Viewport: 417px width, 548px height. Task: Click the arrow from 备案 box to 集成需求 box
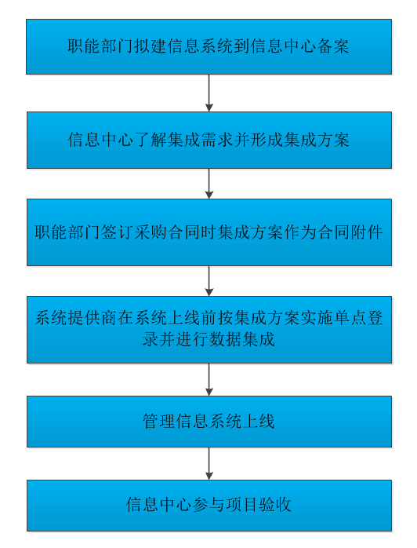pyautogui.click(x=209, y=93)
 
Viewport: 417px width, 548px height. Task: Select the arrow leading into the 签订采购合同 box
pyautogui.click(x=209, y=184)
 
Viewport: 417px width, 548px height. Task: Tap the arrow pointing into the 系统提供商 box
pyautogui.click(x=209, y=281)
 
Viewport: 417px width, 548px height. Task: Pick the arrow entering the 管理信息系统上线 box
pyautogui.click(x=209, y=379)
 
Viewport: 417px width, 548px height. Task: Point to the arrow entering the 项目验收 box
pyautogui.click(x=209, y=463)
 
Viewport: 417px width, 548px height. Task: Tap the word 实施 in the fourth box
pyautogui.click(x=317, y=318)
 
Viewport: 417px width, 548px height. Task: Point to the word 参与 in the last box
pyautogui.click(x=208, y=505)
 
